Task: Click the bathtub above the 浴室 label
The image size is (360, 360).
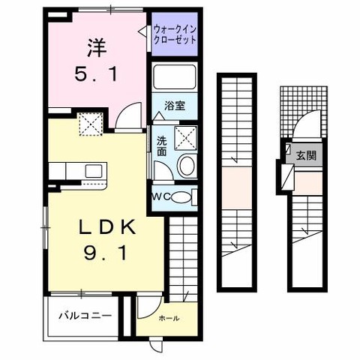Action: [x=174, y=79]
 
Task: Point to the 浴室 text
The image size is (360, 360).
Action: [x=173, y=107]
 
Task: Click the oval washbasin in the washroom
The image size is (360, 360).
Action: [x=187, y=166]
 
